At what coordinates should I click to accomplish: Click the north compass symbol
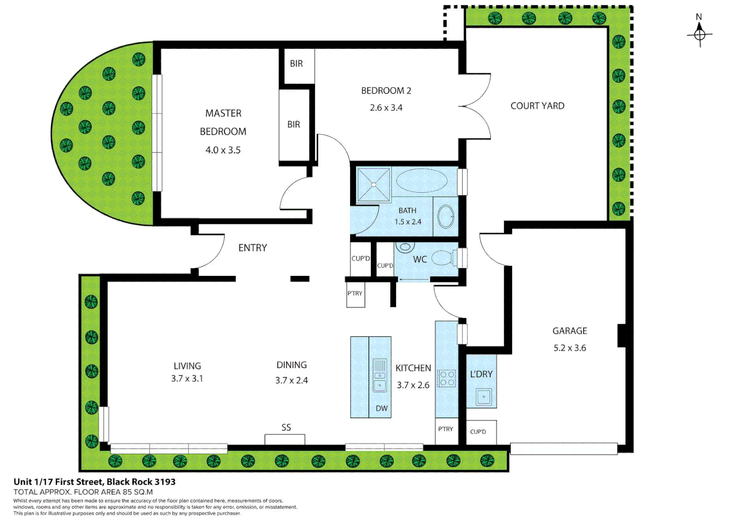point(699,34)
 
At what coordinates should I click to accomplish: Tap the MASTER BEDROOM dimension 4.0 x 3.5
point(223,150)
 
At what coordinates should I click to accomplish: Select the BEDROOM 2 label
point(386,91)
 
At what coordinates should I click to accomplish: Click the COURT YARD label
point(537,106)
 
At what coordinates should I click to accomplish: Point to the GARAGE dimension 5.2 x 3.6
point(570,348)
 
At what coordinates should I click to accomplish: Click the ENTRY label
point(252,248)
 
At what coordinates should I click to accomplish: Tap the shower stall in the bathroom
point(373,185)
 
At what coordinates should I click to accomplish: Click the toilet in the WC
point(444,258)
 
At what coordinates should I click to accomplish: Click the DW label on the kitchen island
point(382,408)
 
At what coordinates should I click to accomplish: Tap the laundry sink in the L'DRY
point(483,397)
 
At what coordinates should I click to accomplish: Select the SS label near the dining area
point(286,427)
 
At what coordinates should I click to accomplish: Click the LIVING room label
point(187,366)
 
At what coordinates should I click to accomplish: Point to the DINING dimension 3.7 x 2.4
point(291,380)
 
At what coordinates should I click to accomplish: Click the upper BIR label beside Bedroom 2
point(296,64)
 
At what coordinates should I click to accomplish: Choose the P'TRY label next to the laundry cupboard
point(445,429)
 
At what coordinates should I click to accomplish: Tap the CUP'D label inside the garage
point(478,432)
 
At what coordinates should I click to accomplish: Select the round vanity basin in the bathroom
point(446,217)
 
